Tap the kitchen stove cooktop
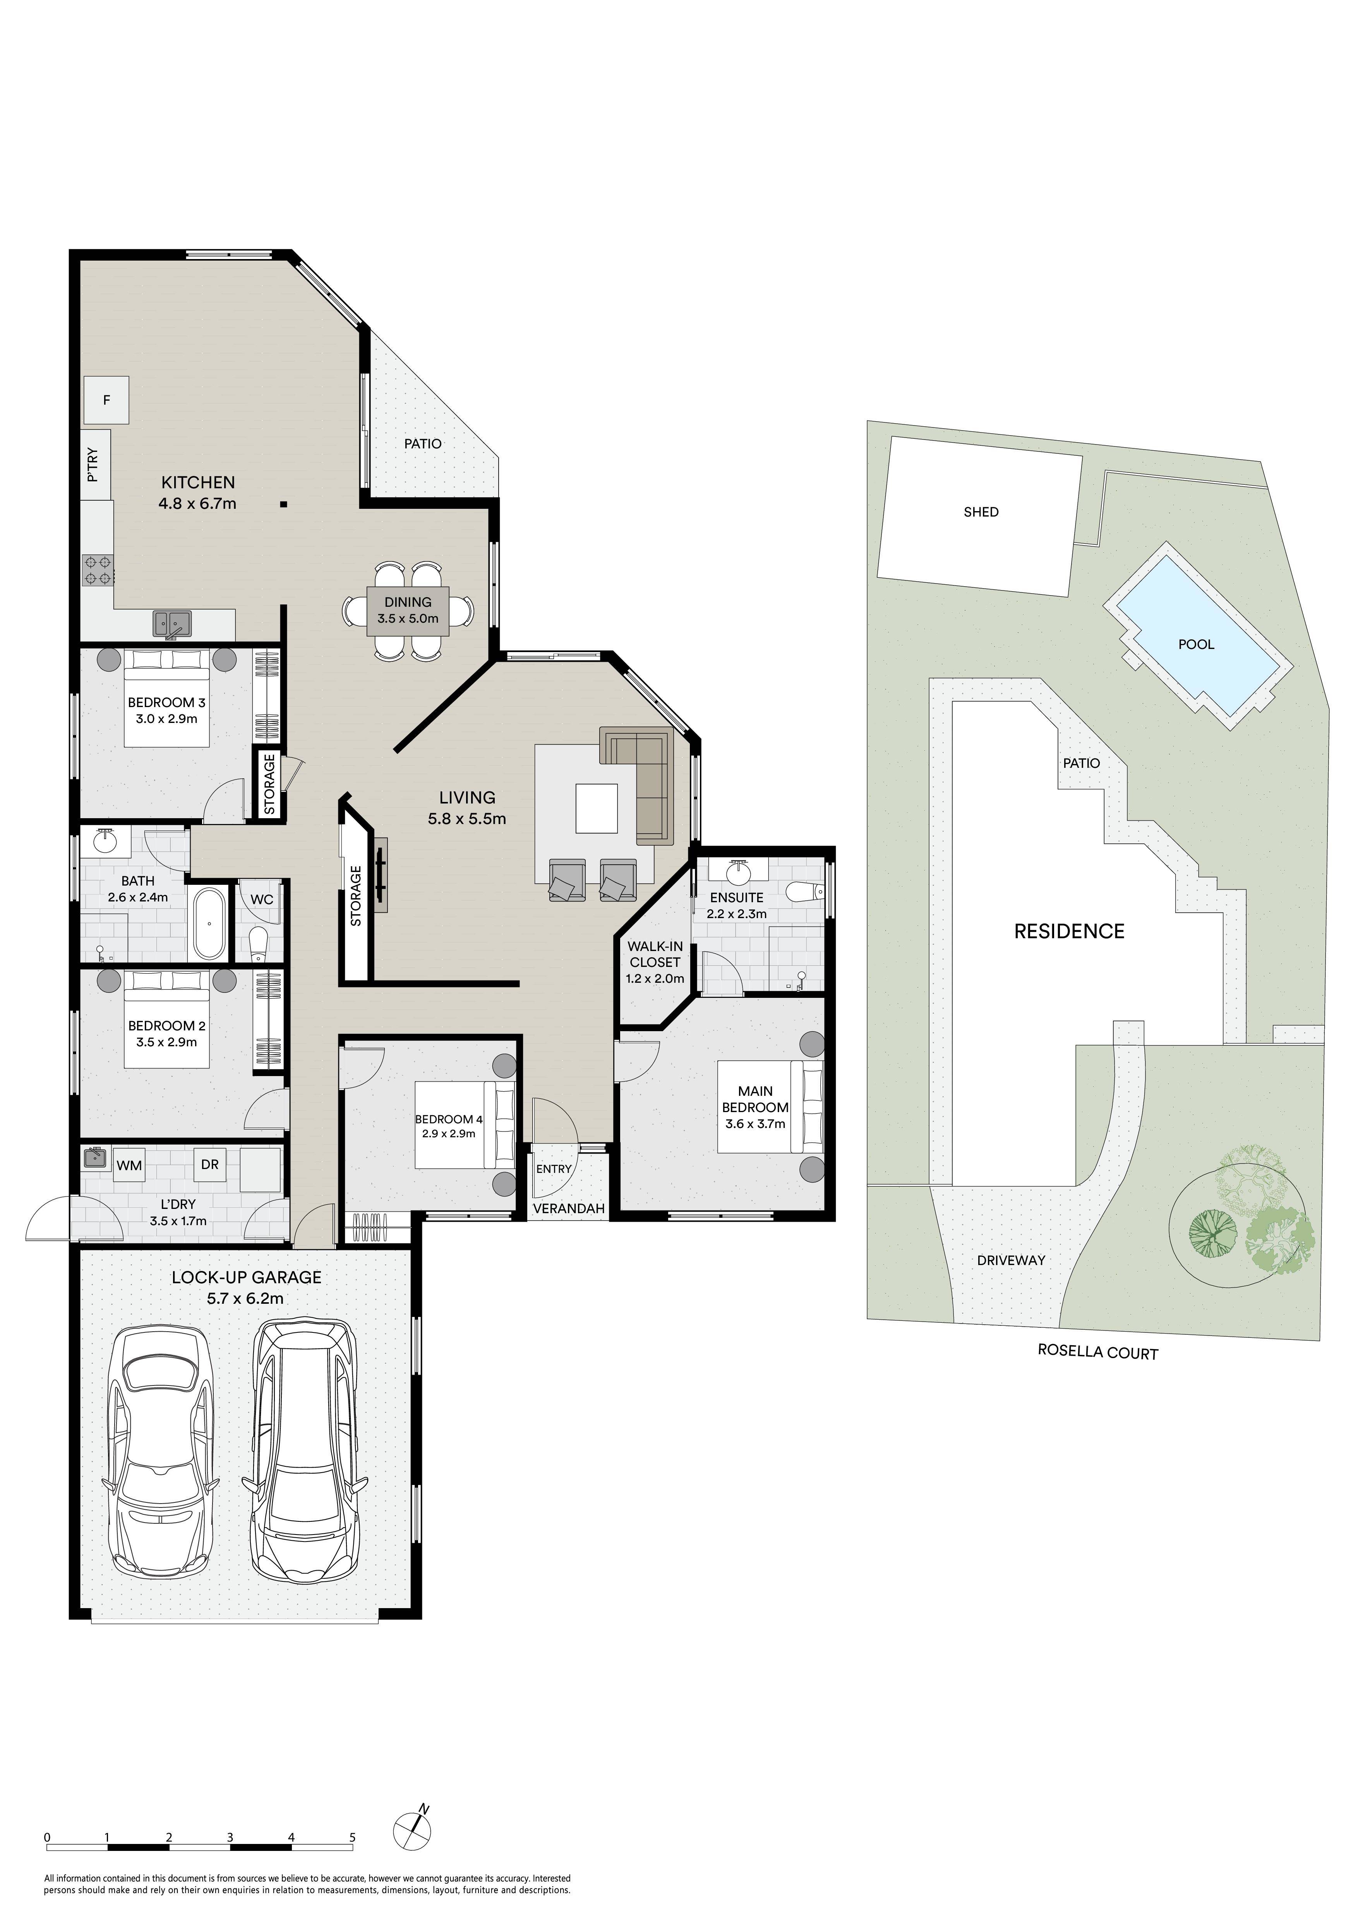coord(98,570)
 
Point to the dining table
coord(408,611)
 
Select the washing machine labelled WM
coord(129,1166)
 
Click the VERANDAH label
coord(569,1208)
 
